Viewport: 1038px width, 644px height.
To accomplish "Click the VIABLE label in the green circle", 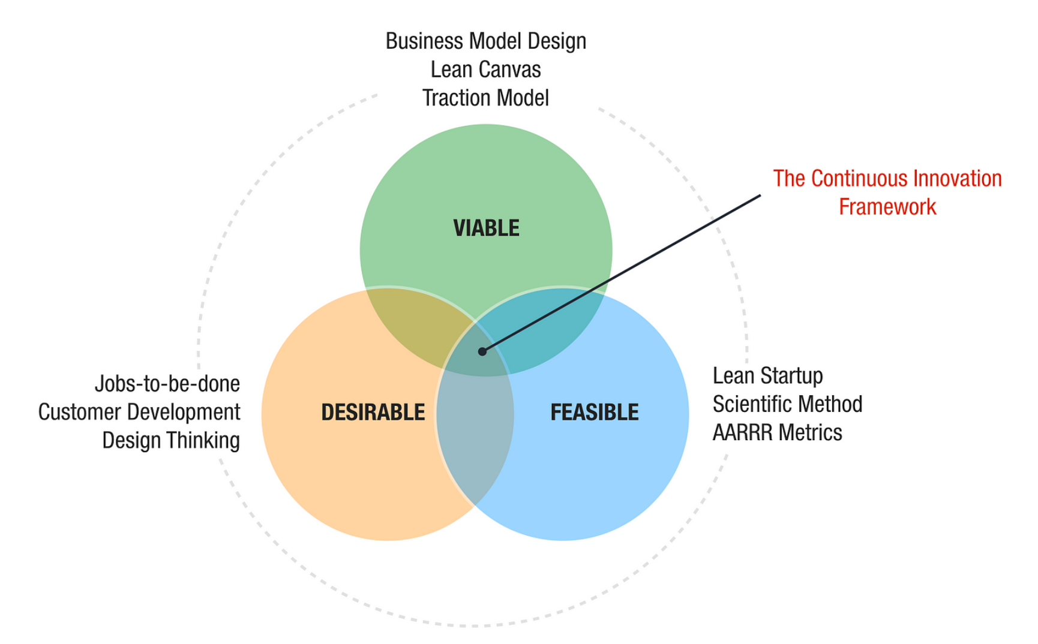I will (x=486, y=228).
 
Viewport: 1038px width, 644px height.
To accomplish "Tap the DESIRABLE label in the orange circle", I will (x=373, y=413).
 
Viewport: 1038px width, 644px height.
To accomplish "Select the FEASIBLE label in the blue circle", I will (x=595, y=413).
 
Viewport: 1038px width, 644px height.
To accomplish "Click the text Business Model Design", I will (x=485, y=41).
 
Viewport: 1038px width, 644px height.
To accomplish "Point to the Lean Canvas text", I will (x=485, y=70).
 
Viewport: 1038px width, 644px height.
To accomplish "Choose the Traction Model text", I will (x=485, y=98).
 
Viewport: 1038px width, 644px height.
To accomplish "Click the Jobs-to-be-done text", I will (x=167, y=384).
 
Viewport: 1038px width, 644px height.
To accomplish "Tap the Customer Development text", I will (x=139, y=412).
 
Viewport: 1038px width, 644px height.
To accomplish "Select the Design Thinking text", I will (x=171, y=440).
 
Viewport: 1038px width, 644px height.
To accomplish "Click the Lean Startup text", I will (x=767, y=376).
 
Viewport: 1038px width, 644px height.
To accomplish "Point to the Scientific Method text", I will (x=787, y=404).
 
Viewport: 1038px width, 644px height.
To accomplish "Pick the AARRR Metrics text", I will (x=777, y=432).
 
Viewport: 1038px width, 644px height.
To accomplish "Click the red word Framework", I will (x=887, y=207).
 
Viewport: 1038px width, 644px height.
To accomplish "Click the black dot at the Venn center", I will (x=482, y=351).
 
